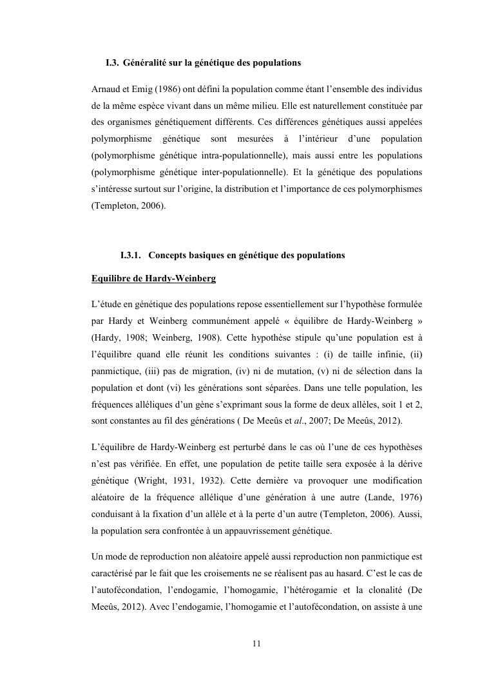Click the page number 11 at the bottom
256,643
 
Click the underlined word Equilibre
113,279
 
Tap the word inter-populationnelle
249,173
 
